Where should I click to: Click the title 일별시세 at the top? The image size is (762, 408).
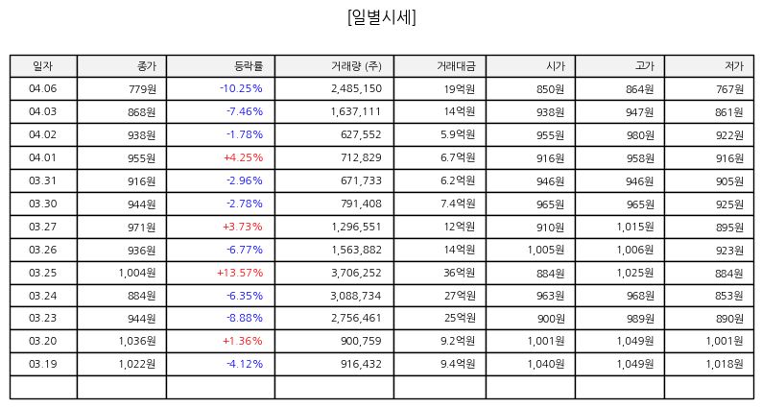[382, 17]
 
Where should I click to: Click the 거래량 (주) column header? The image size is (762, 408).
[356, 66]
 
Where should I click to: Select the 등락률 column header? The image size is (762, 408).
[249, 66]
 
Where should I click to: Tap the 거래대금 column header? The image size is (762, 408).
[455, 66]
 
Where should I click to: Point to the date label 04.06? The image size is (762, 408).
[43, 88]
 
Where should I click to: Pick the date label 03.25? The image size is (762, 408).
[43, 273]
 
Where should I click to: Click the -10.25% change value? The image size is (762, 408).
[241, 88]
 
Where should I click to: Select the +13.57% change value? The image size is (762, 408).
[240, 273]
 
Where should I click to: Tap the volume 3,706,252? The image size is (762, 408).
[356, 273]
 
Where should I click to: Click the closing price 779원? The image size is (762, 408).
[142, 89]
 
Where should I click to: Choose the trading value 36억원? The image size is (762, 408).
[459, 273]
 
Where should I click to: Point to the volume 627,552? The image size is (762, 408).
[361, 134]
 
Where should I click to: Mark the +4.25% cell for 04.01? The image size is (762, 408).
[243, 157]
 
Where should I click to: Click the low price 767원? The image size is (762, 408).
[729, 89]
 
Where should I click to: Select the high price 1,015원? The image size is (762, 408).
[635, 228]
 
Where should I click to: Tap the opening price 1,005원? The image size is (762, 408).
[546, 250]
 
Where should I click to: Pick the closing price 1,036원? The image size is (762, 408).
[137, 342]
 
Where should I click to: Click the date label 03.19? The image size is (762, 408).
[43, 364]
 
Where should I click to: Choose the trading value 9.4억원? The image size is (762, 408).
[458, 364]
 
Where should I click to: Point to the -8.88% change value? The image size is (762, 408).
[245, 318]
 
